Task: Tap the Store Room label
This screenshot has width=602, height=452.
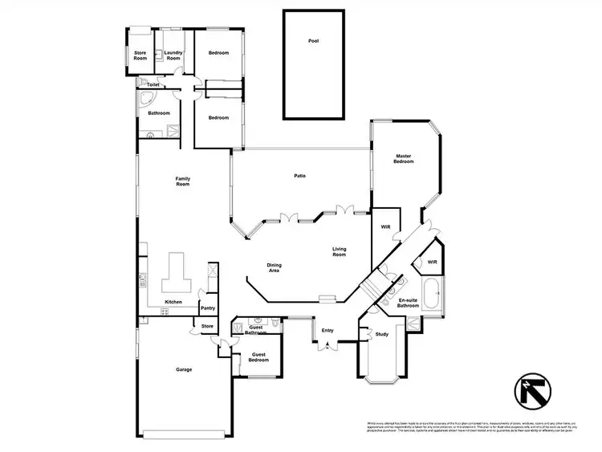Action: tap(140, 56)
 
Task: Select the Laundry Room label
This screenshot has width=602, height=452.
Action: tap(173, 56)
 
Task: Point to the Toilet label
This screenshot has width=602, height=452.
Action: tap(153, 84)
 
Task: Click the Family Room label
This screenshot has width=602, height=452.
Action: tap(182, 181)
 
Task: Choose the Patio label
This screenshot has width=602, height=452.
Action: tap(299, 176)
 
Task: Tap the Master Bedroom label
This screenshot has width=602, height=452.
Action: tap(404, 159)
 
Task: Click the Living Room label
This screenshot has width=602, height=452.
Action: tap(340, 253)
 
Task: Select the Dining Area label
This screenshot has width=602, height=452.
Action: tap(274, 267)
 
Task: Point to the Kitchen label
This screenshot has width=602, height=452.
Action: tap(173, 302)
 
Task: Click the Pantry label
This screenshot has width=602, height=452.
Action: tap(207, 307)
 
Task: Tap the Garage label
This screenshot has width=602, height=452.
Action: tap(184, 370)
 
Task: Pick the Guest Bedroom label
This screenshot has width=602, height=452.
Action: tap(258, 357)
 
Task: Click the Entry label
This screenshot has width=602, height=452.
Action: tap(327, 330)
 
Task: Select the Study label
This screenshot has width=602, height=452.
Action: tap(381, 335)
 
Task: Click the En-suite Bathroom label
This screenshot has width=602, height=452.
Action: tap(408, 303)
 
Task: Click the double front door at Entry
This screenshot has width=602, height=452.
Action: tap(327, 346)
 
